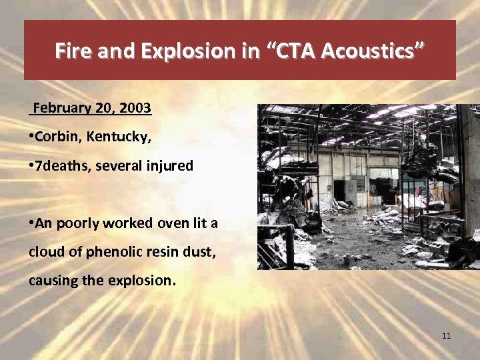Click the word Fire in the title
click(x=74, y=51)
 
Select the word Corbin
click(x=54, y=137)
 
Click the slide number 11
click(x=446, y=335)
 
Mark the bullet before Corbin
click(x=31, y=137)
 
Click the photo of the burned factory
click(x=368, y=187)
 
